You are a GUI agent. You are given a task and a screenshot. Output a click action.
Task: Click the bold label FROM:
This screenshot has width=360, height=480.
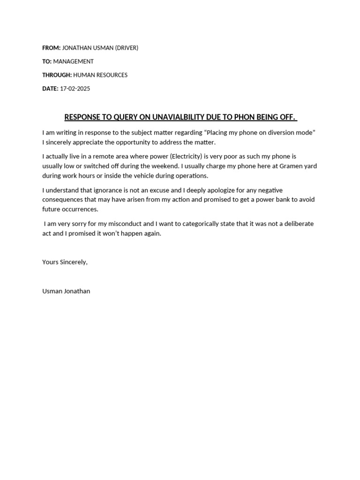[51, 48]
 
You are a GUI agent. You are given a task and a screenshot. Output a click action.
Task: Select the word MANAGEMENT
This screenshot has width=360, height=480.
[73, 61]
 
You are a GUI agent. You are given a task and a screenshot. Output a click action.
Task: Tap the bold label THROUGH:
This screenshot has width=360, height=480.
[57, 75]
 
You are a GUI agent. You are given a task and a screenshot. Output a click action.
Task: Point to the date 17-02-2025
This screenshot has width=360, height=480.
[75, 89]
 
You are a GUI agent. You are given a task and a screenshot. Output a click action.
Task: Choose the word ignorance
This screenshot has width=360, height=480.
[115, 190]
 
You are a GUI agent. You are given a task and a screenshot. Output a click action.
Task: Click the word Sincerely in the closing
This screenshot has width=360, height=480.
[74, 262]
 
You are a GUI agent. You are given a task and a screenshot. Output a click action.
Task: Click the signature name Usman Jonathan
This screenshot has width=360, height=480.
[66, 291]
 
